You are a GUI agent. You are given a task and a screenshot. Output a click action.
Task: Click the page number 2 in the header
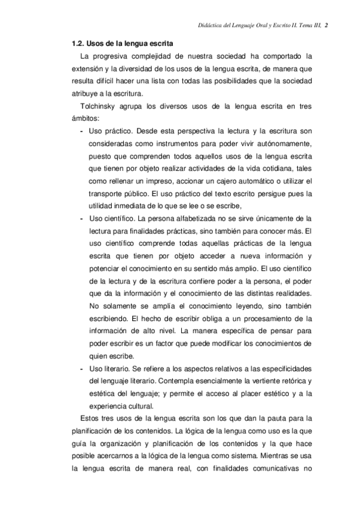pos(335,26)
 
